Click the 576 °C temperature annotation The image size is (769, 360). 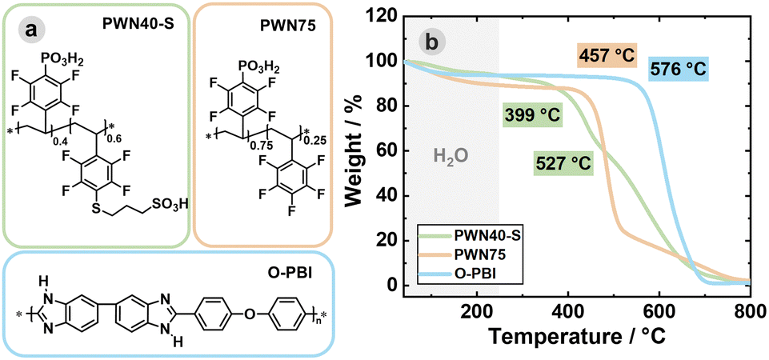(679, 70)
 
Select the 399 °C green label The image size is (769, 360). (532, 114)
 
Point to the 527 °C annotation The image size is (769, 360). (564, 164)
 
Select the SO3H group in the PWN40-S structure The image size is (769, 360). (170, 206)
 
